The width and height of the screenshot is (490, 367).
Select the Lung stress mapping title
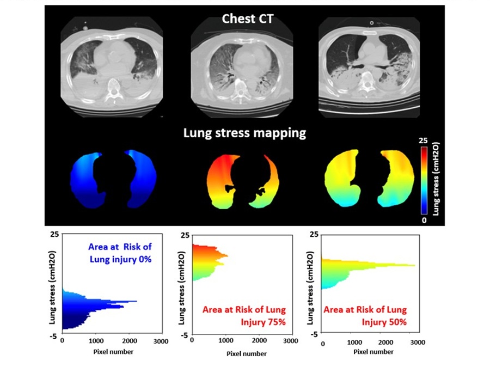pos(245,132)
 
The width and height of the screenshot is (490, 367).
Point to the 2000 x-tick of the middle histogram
pos(258,341)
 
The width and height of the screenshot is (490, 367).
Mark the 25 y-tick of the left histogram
pos(54,234)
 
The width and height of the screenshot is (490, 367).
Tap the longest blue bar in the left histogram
pos(109,301)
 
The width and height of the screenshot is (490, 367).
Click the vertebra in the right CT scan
pos(370,82)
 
